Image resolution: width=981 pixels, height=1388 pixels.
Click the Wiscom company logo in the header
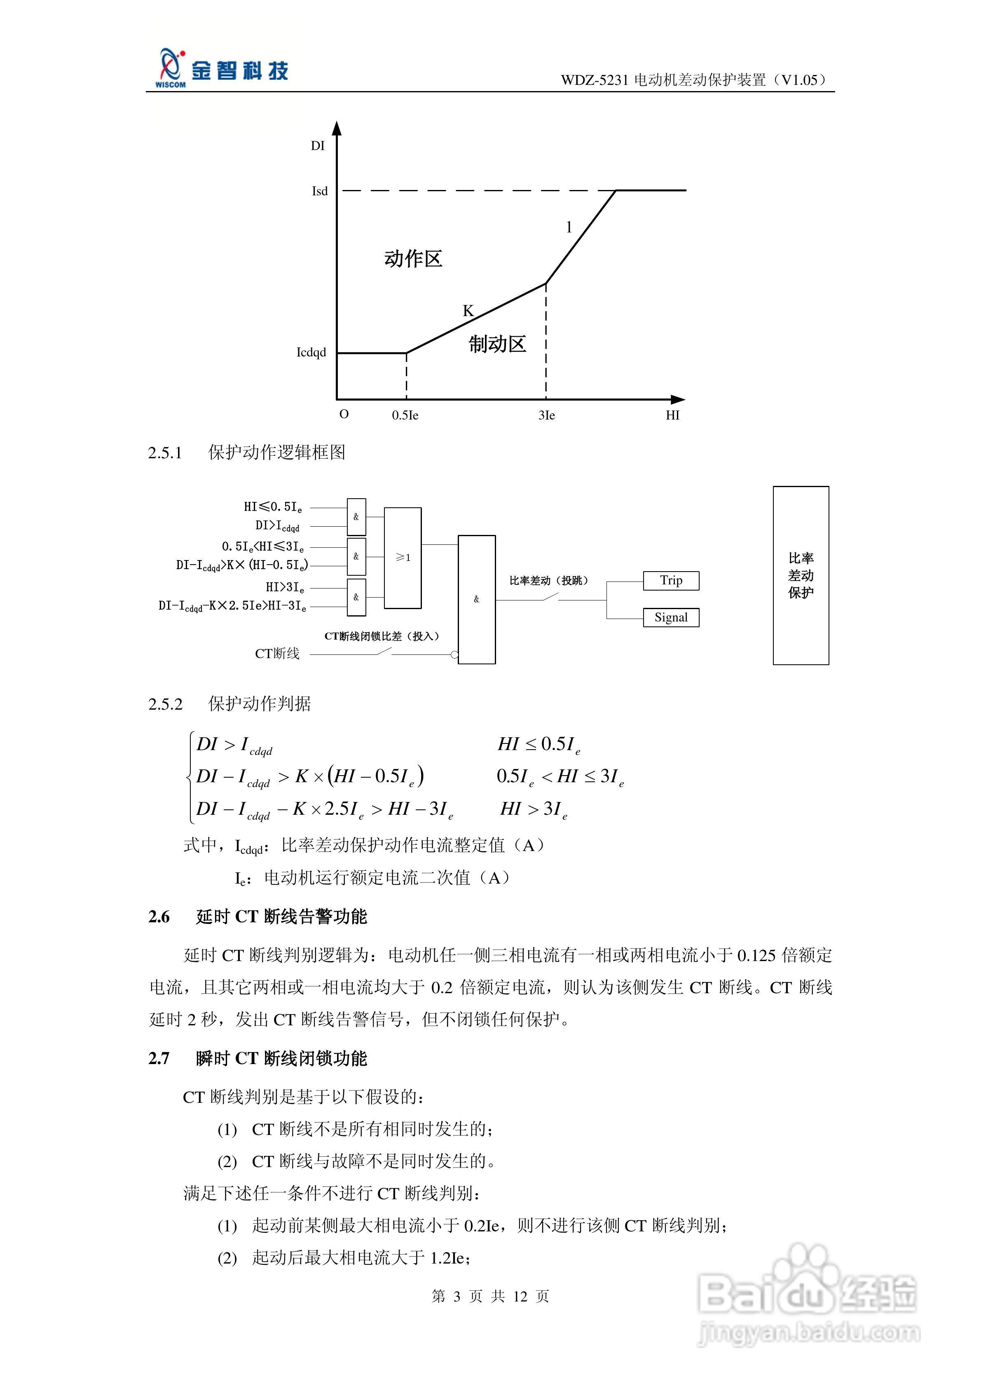click(x=221, y=69)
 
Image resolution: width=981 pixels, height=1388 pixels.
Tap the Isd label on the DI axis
click(x=320, y=191)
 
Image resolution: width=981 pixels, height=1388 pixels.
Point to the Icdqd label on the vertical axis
click(x=311, y=352)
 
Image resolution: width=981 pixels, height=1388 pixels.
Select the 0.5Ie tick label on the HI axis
click(x=405, y=415)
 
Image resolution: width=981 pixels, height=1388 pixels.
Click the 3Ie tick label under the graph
click(x=546, y=415)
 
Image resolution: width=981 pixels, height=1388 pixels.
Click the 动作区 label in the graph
click(x=413, y=259)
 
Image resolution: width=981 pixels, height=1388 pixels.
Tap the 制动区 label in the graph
click(x=497, y=344)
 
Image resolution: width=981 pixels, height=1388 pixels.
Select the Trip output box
click(x=671, y=580)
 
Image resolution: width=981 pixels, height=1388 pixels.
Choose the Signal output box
click(x=671, y=617)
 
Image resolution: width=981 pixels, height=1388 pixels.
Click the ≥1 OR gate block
click(x=403, y=557)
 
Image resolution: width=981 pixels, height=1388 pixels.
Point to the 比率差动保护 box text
click(x=801, y=575)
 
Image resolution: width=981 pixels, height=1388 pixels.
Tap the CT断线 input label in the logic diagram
click(x=277, y=654)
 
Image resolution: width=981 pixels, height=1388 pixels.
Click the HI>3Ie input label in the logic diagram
click(x=285, y=587)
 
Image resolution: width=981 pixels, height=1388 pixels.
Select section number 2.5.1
click(x=165, y=453)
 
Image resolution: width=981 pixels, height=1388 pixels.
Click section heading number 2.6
click(x=159, y=917)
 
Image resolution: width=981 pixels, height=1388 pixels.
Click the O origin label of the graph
click(x=344, y=414)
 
